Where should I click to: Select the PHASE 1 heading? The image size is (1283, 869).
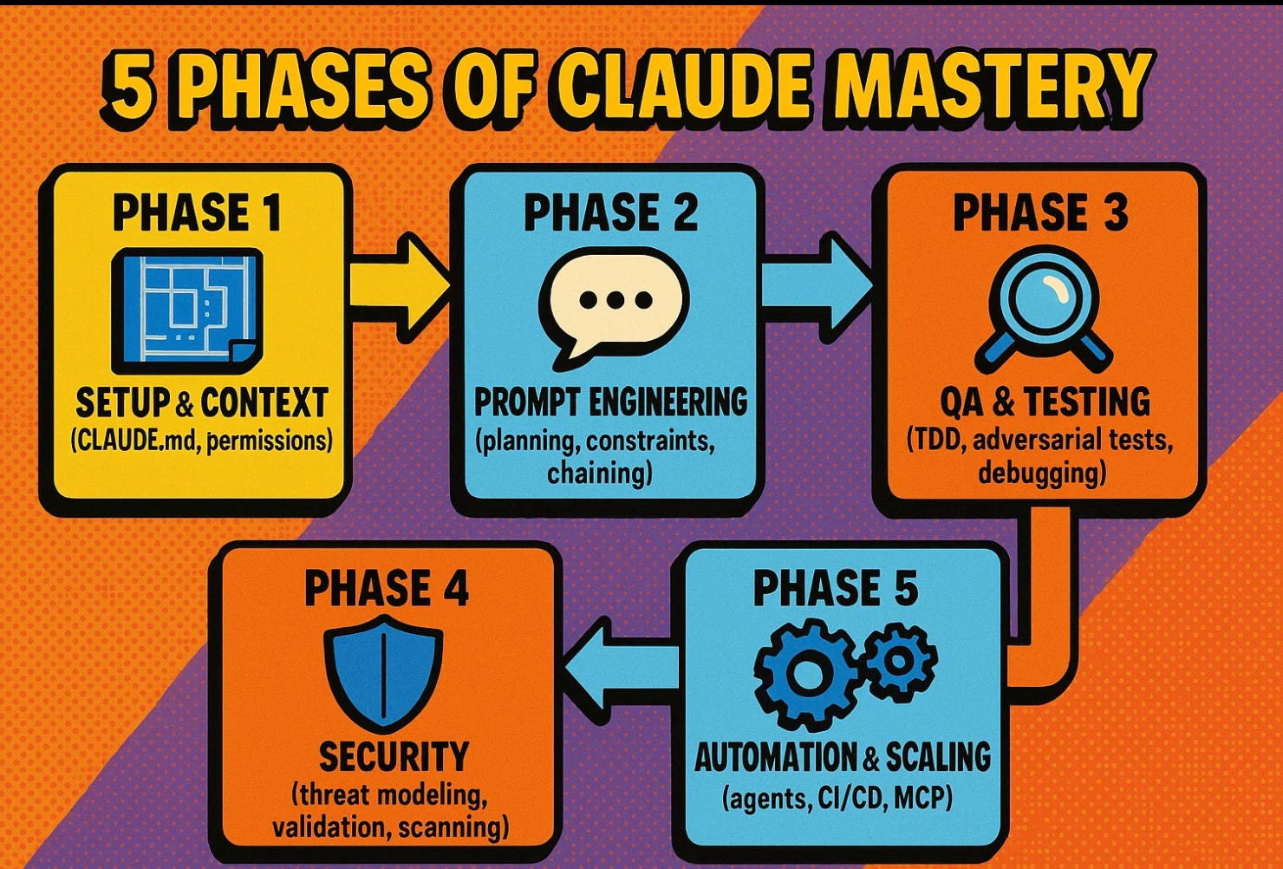[197, 213]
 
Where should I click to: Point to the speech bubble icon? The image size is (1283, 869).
[614, 303]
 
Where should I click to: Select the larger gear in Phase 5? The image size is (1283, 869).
[806, 674]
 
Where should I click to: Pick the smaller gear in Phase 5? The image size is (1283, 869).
[899, 662]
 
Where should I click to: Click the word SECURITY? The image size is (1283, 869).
[394, 756]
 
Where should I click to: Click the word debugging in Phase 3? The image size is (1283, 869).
[1041, 474]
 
